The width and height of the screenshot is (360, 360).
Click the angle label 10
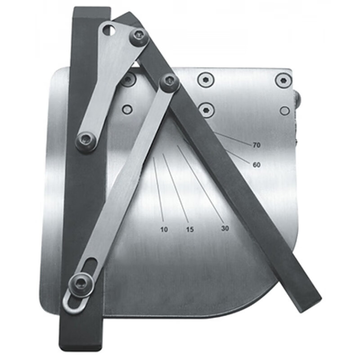point(164,229)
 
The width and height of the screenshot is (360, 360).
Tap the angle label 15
point(190,229)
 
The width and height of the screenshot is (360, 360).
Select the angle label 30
point(225,229)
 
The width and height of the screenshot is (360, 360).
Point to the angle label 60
point(256,165)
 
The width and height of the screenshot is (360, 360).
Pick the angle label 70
point(256,145)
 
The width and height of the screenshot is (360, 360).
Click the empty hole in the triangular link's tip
point(108,30)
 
